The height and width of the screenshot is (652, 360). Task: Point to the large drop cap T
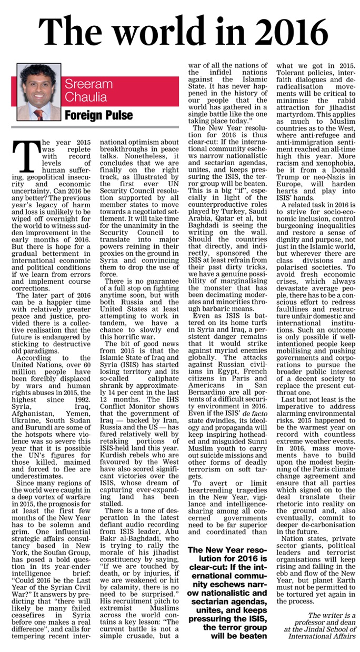(x=26, y=157)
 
